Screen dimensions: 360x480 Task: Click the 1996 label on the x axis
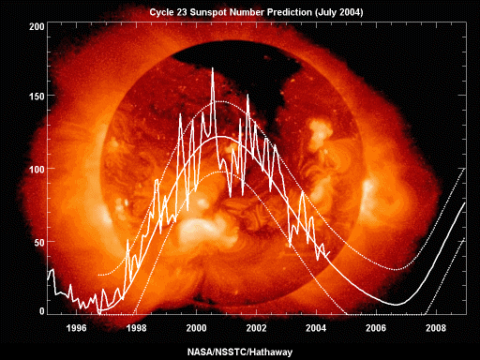click(x=77, y=328)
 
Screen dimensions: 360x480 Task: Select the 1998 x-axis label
click(x=137, y=328)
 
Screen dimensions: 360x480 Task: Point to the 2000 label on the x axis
click(x=197, y=328)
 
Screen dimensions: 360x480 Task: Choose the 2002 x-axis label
click(x=257, y=328)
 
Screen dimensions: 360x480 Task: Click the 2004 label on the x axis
click(x=317, y=328)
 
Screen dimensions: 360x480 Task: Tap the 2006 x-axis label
click(x=377, y=328)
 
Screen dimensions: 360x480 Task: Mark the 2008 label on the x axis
click(x=437, y=328)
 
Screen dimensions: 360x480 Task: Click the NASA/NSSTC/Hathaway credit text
click(x=240, y=352)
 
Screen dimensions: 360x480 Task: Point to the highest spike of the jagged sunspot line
click(x=213, y=68)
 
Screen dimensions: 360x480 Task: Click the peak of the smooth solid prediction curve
click(x=220, y=137)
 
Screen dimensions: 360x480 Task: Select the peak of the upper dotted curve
click(x=221, y=101)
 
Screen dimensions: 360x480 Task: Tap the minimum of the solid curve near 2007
click(x=397, y=305)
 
